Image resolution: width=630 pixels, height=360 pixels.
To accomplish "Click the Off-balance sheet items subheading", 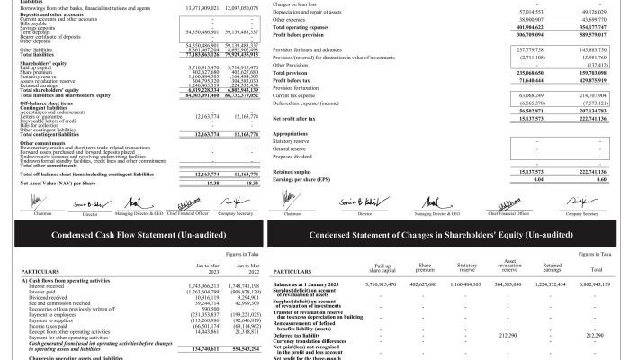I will (45, 125).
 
